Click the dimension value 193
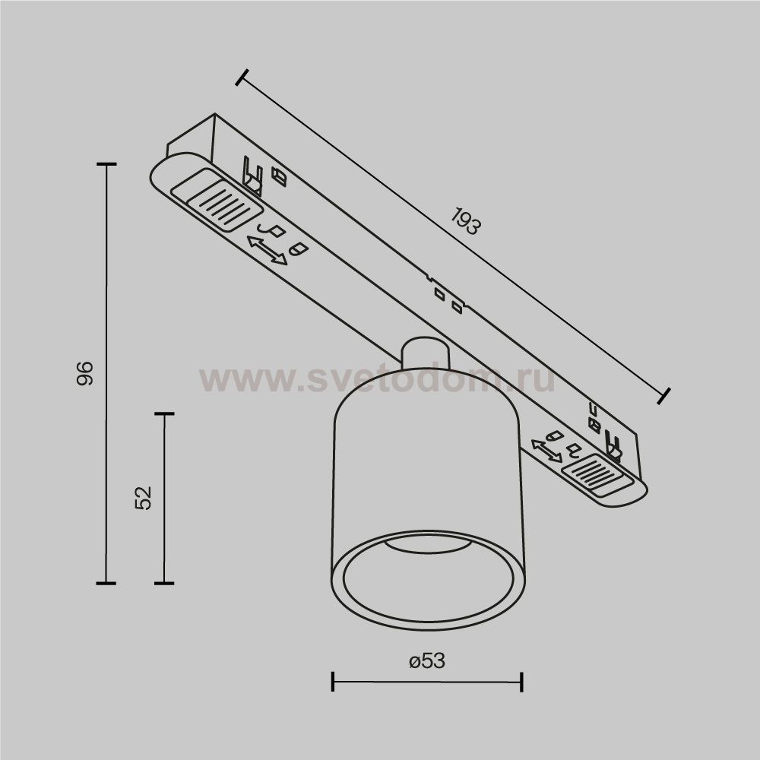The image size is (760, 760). click(x=466, y=221)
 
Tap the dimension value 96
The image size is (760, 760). click(x=85, y=373)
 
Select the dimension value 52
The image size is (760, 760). click(x=143, y=498)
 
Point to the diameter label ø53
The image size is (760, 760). click(x=427, y=661)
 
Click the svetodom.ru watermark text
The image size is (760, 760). click(x=377, y=379)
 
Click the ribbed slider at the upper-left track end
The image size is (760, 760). click(x=225, y=205)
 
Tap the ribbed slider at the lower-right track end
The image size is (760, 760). click(x=597, y=476)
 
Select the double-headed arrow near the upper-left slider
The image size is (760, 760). click(x=267, y=250)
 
